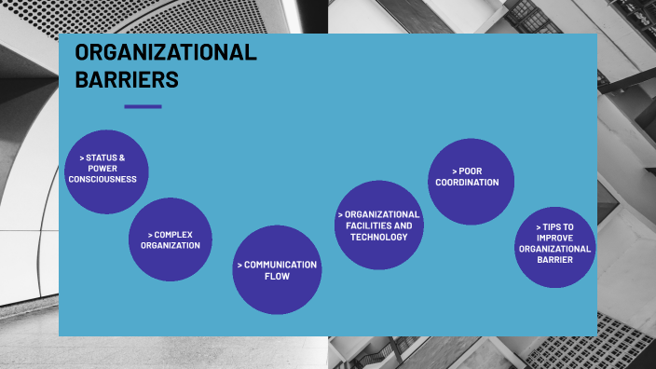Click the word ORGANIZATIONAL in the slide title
click(x=165, y=53)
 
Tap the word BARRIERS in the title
click(x=127, y=80)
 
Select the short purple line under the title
click(x=143, y=106)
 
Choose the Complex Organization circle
click(x=171, y=239)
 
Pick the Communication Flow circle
click(x=277, y=270)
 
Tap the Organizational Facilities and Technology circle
click(x=379, y=225)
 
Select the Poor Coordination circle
click(x=471, y=181)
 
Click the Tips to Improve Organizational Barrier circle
click(x=555, y=248)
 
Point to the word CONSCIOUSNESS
click(x=102, y=179)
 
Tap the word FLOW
click(x=277, y=277)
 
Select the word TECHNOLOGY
click(x=379, y=237)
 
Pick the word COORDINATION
click(x=467, y=183)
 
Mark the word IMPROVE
click(x=555, y=238)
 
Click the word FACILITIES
click(x=371, y=225)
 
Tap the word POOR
click(x=471, y=171)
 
